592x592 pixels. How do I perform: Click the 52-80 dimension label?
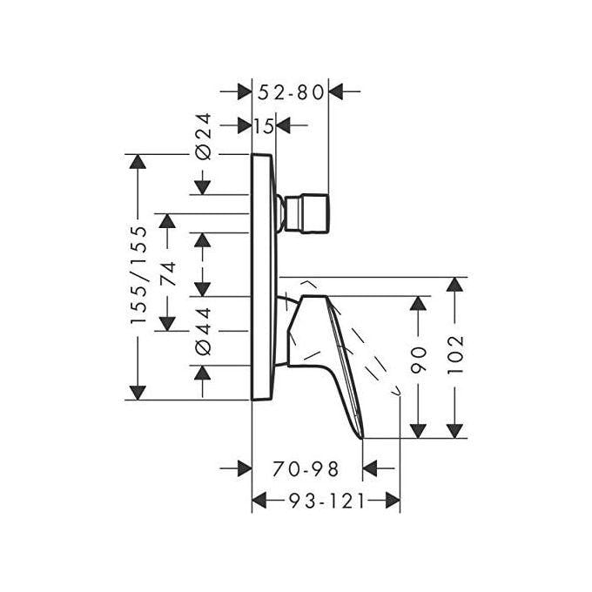pyautogui.click(x=291, y=92)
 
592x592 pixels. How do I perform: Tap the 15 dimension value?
pyautogui.click(x=264, y=126)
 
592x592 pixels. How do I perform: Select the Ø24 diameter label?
pyautogui.click(x=202, y=136)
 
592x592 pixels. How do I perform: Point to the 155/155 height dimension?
pyautogui.click(x=138, y=275)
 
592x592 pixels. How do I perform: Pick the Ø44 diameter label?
pyautogui.click(x=203, y=331)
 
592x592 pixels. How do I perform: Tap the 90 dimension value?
pyautogui.click(x=419, y=360)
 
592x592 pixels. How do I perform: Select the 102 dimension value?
pyautogui.click(x=455, y=354)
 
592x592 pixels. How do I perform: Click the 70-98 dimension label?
pyautogui.click(x=306, y=469)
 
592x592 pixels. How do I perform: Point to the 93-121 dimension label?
pyautogui.click(x=327, y=501)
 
